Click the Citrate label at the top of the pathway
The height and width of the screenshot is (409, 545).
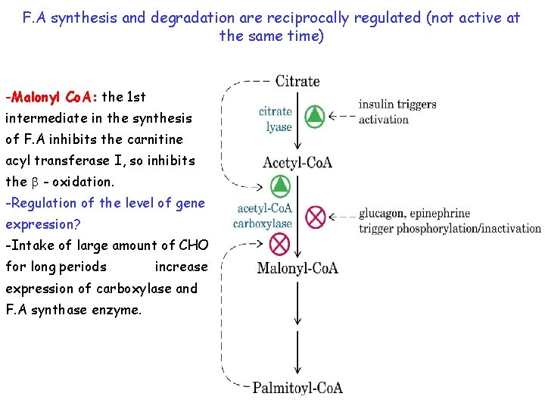[297, 81]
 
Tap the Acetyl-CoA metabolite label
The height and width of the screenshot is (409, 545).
[297, 162]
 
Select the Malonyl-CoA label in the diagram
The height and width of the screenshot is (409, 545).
[297, 267]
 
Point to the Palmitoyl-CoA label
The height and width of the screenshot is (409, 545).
[297, 388]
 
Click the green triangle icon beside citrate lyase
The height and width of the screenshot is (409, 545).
[314, 117]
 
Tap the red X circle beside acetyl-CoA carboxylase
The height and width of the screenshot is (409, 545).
[315, 217]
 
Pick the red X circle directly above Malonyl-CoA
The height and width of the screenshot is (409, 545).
[280, 244]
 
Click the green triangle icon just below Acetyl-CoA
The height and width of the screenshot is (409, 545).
[280, 184]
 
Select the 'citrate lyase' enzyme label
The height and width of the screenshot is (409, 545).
[276, 119]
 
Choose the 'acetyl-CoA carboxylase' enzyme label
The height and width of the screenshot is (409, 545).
[263, 216]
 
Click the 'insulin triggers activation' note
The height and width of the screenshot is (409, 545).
[397, 111]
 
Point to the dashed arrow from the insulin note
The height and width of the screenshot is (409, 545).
[343, 117]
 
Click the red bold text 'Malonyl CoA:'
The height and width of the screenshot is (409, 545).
[51, 97]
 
